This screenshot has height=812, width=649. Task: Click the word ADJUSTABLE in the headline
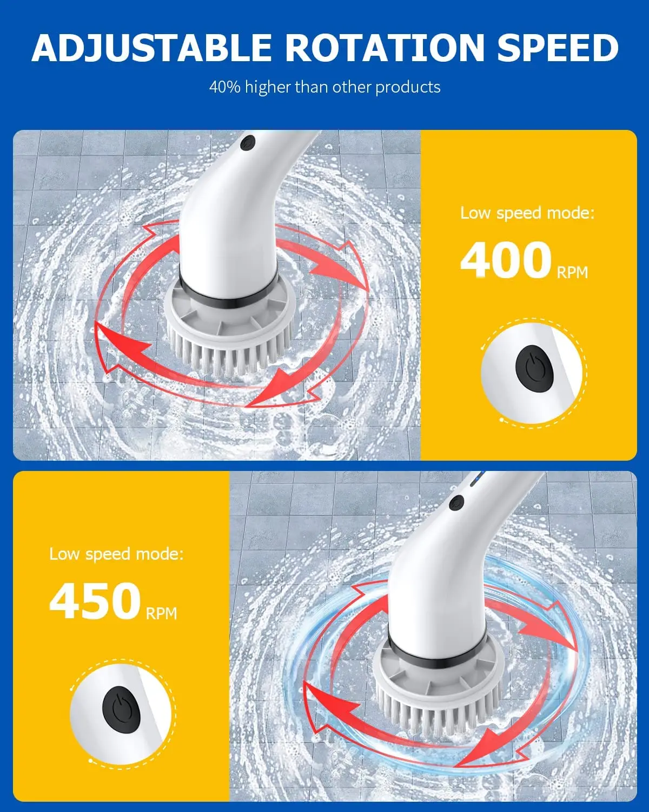click(151, 48)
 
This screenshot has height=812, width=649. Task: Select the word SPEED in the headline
click(558, 48)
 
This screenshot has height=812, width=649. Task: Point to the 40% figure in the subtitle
click(225, 87)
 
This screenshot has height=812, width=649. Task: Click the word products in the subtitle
click(408, 88)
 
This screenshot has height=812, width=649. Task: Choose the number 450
click(95, 601)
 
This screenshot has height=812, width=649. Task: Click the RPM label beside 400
click(572, 272)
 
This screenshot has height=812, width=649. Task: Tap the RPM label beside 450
click(161, 613)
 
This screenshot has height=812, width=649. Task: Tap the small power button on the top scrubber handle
click(248, 143)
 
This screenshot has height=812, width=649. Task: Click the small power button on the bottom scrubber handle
click(456, 502)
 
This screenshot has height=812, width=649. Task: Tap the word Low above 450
click(64, 554)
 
